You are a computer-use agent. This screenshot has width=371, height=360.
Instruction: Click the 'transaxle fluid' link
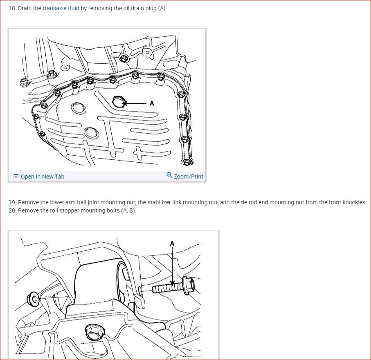point(61,8)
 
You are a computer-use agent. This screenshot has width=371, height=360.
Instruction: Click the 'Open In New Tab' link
point(42,177)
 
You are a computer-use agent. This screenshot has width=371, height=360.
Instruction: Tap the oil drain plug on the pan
point(119,101)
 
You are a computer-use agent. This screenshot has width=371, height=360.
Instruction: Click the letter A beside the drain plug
point(152,103)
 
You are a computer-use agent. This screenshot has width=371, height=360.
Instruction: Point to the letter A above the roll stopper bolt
point(172,244)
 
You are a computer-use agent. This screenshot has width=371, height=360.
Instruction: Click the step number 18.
point(11,8)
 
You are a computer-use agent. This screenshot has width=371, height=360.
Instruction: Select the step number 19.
point(11,202)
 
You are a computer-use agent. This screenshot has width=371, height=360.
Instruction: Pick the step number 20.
point(12,210)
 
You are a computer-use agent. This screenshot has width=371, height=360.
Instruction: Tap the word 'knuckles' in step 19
point(354,202)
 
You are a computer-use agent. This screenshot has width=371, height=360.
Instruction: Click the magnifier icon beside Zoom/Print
point(169,176)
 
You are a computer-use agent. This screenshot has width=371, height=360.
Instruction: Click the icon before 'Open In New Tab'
point(16,177)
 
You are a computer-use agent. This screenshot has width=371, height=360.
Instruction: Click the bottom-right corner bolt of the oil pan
point(187,162)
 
